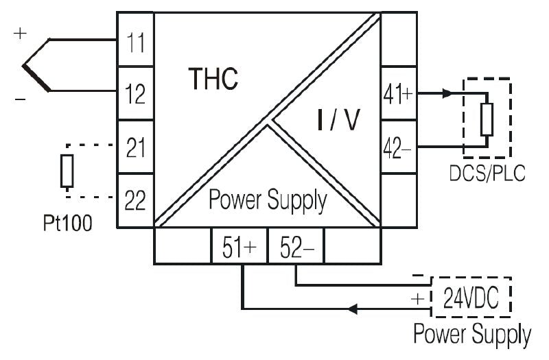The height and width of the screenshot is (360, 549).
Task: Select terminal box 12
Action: (x=136, y=93)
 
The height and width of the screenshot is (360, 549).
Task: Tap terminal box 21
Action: (x=136, y=146)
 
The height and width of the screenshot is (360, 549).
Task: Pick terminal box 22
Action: (x=136, y=200)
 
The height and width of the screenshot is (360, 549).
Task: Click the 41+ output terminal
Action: (x=397, y=94)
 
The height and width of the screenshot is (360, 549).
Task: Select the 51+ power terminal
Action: (x=238, y=247)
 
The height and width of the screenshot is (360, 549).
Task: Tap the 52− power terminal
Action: (x=296, y=247)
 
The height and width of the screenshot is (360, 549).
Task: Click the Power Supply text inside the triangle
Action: (x=268, y=201)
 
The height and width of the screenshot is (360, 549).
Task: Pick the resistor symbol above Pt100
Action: (x=67, y=171)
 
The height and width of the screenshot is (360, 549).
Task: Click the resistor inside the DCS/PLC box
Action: (x=487, y=119)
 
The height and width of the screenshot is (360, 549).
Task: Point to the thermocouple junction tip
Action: (x=25, y=67)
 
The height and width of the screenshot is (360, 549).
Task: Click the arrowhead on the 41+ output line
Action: (x=447, y=93)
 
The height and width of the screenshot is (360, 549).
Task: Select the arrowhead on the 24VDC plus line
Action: (x=354, y=309)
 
